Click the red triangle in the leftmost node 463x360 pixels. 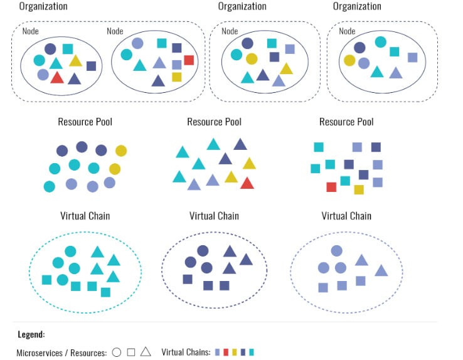56,77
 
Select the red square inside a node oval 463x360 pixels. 189,60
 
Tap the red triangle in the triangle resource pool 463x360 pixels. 247,183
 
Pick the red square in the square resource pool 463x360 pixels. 331,187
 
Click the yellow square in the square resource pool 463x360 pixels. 359,189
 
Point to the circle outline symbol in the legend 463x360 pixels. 117,352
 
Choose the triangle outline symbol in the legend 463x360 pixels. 146,351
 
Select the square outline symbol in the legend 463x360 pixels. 131,352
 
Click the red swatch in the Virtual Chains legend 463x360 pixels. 226,352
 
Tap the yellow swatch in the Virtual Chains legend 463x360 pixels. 234,352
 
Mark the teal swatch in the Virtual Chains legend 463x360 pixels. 251,352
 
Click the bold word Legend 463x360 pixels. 31,334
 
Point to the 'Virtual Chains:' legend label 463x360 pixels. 186,352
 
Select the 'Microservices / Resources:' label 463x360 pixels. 61,352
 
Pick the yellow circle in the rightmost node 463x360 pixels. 349,60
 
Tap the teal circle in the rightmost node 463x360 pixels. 380,42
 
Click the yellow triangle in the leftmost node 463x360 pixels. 75,60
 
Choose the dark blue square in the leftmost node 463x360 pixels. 91,65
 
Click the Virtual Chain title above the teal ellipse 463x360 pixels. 85,216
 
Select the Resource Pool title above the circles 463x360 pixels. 85,122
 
